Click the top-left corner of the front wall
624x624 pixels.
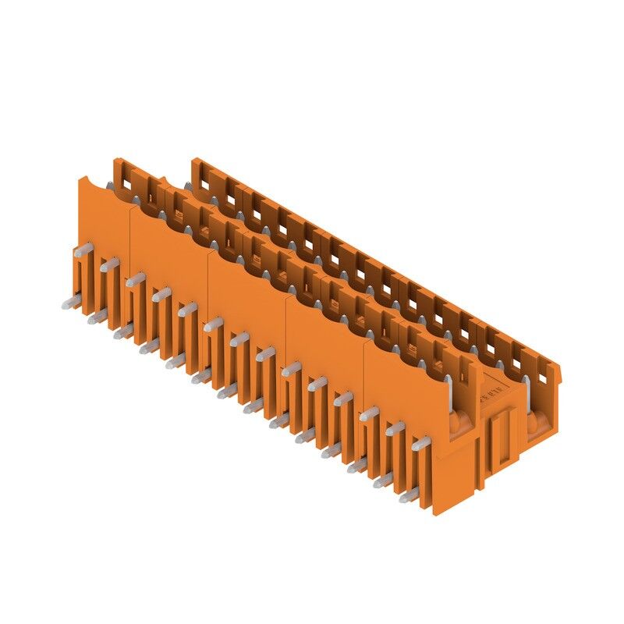point(81,178)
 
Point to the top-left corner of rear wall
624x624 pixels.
point(193,159)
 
